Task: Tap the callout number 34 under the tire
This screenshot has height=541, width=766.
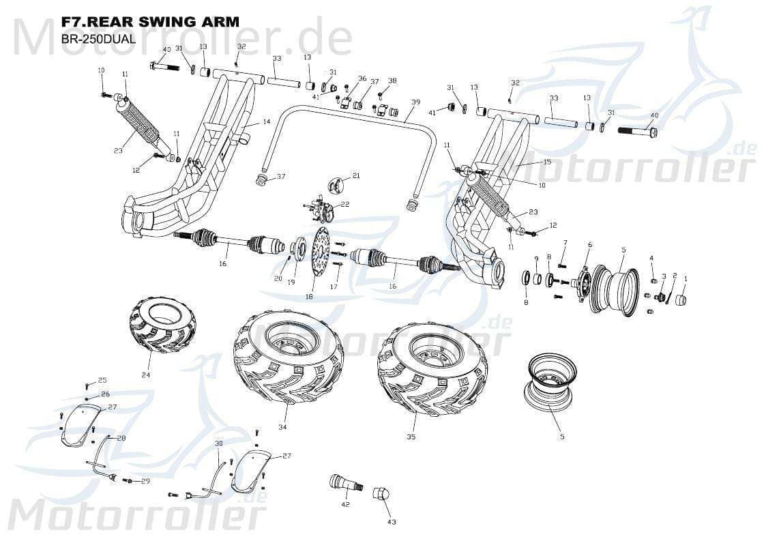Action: tap(282, 427)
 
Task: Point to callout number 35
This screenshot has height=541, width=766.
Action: tap(411, 437)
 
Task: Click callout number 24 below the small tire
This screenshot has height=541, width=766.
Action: tap(146, 375)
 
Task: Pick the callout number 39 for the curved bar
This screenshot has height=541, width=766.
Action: tap(415, 102)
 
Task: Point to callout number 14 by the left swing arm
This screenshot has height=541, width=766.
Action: tap(267, 121)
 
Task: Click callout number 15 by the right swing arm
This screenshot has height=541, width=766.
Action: tap(546, 162)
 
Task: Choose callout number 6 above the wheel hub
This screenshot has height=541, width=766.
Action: tap(590, 244)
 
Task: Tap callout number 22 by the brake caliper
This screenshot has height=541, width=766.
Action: tap(344, 205)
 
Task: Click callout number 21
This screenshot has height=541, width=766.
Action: tap(356, 176)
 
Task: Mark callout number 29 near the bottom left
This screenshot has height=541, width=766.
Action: tap(145, 482)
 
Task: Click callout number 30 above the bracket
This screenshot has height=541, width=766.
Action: tap(219, 443)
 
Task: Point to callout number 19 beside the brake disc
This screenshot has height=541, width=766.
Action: tap(291, 282)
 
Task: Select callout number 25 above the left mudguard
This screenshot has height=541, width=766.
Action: tap(102, 380)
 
